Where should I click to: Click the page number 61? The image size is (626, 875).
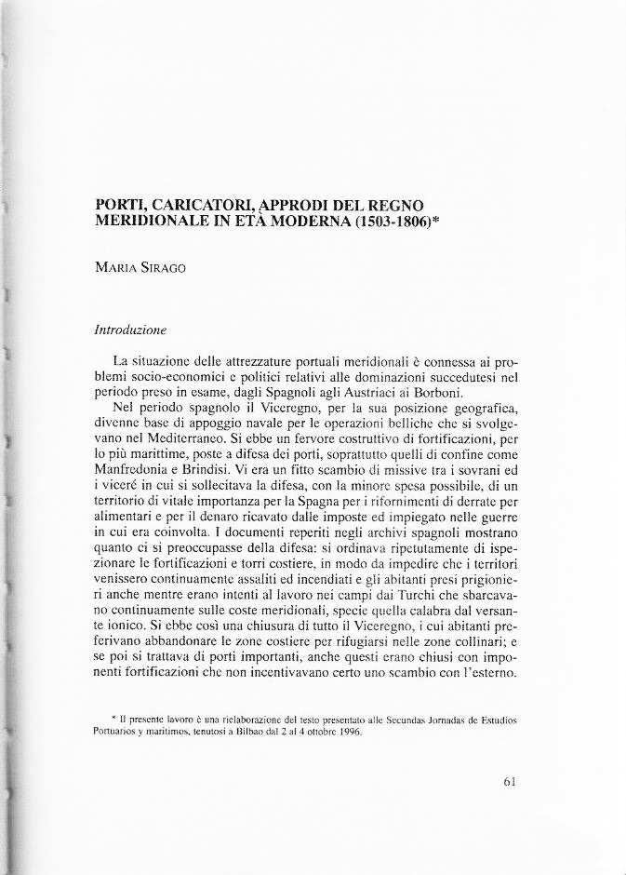509,782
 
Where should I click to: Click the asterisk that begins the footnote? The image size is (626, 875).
113,719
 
